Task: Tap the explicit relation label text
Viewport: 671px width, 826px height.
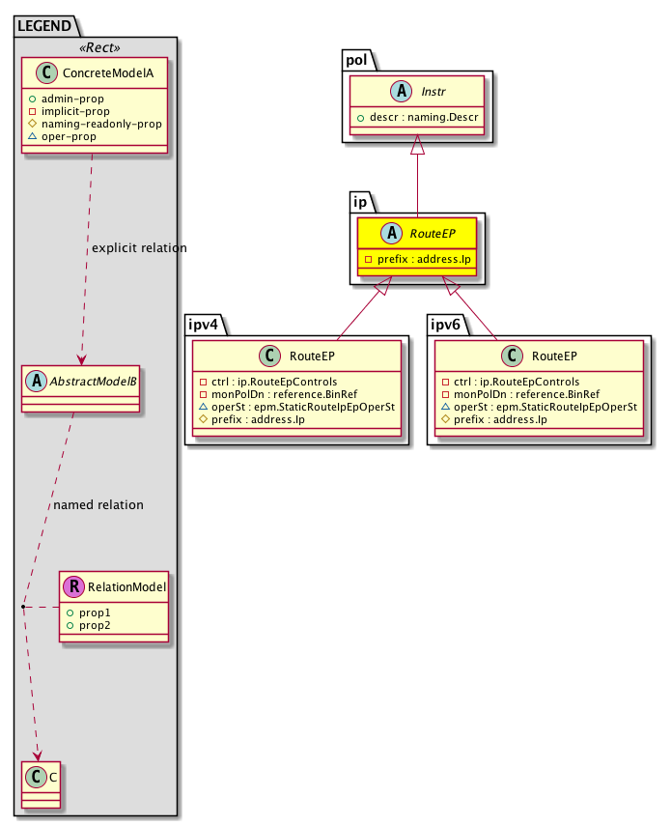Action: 139,248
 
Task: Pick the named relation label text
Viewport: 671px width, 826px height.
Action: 98,504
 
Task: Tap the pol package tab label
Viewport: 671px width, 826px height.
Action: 360,60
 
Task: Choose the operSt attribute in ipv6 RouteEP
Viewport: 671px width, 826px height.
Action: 539,407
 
